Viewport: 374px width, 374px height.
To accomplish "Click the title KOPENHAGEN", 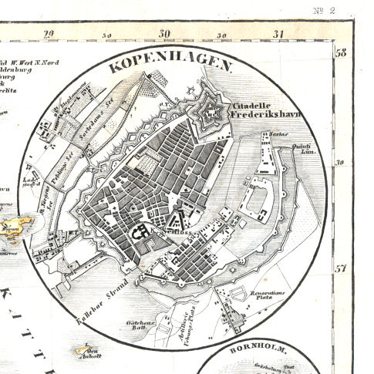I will [x=171, y=65].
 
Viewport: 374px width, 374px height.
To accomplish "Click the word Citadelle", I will [x=254, y=104].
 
